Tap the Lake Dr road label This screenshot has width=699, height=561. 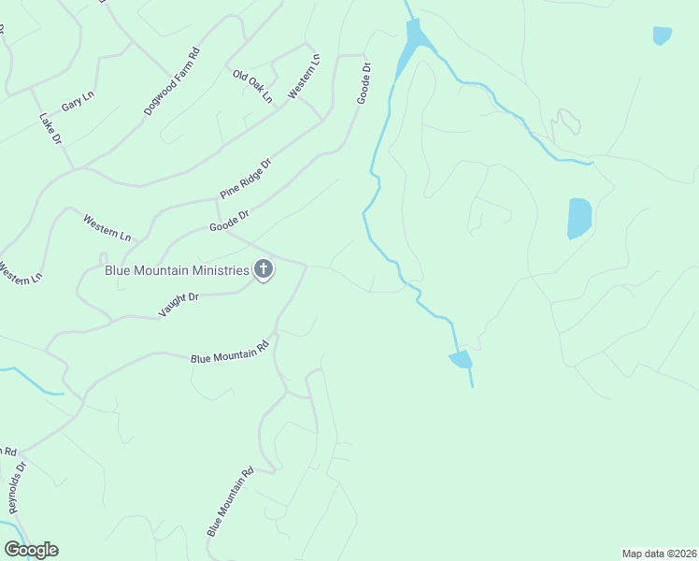click(50, 129)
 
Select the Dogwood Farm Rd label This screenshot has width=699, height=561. click(172, 82)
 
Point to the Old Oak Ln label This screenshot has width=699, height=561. click(252, 85)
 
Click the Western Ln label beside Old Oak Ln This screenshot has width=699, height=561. click(304, 76)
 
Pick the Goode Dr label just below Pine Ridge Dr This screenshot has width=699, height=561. click(229, 221)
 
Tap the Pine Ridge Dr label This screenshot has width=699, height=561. click(245, 179)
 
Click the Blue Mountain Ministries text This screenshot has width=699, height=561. click(177, 271)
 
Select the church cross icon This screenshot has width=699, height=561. click(264, 271)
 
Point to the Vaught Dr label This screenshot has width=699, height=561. click(178, 305)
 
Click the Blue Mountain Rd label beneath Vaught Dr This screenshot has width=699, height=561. click(230, 351)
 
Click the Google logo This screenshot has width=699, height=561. click(31, 550)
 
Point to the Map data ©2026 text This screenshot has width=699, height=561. click(659, 553)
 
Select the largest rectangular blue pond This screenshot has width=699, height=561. click(579, 218)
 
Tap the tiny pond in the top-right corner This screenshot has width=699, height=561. click(662, 36)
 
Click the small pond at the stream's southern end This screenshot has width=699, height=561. click(461, 359)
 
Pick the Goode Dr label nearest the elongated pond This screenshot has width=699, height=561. click(365, 83)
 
